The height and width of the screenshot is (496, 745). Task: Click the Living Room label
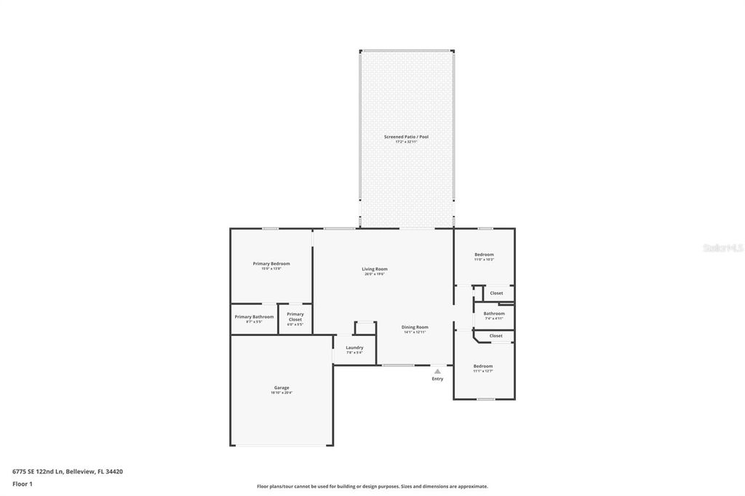tap(375, 269)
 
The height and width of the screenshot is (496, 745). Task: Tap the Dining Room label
tap(415, 327)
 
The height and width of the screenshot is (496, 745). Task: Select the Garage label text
tap(282, 388)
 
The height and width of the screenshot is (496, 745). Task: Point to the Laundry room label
tap(354, 348)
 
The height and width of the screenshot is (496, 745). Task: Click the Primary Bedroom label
tap(271, 263)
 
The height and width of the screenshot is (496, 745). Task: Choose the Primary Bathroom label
tap(254, 316)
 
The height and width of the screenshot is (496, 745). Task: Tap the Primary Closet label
tap(295, 314)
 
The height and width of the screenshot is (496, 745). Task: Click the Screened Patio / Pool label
tap(406, 137)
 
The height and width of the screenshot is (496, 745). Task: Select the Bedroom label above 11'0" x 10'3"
tap(484, 255)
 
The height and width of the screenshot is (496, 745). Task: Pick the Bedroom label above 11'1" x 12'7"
tap(483, 366)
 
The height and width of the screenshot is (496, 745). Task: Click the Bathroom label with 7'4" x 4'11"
tap(494, 313)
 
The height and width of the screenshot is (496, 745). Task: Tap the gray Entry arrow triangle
tap(437, 371)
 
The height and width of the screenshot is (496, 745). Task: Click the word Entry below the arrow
tap(437, 379)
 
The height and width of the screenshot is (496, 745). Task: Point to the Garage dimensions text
tap(282, 393)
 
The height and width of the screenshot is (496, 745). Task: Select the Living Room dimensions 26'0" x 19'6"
tap(375, 274)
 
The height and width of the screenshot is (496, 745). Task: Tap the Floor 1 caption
tap(23, 483)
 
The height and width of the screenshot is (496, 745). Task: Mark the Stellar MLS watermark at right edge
tap(722, 248)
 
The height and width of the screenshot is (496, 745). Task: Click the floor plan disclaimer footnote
tap(372, 487)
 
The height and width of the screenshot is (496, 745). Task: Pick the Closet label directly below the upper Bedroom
tap(496, 293)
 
